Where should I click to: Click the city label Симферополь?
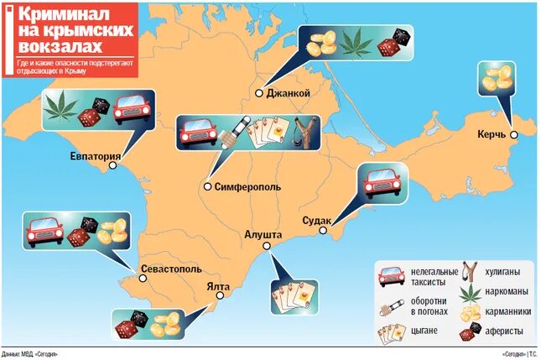(248, 186)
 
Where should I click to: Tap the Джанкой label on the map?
(289, 93)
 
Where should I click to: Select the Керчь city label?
(493, 135)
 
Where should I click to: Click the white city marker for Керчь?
(514, 134)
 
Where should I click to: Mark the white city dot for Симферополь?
(207, 186)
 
